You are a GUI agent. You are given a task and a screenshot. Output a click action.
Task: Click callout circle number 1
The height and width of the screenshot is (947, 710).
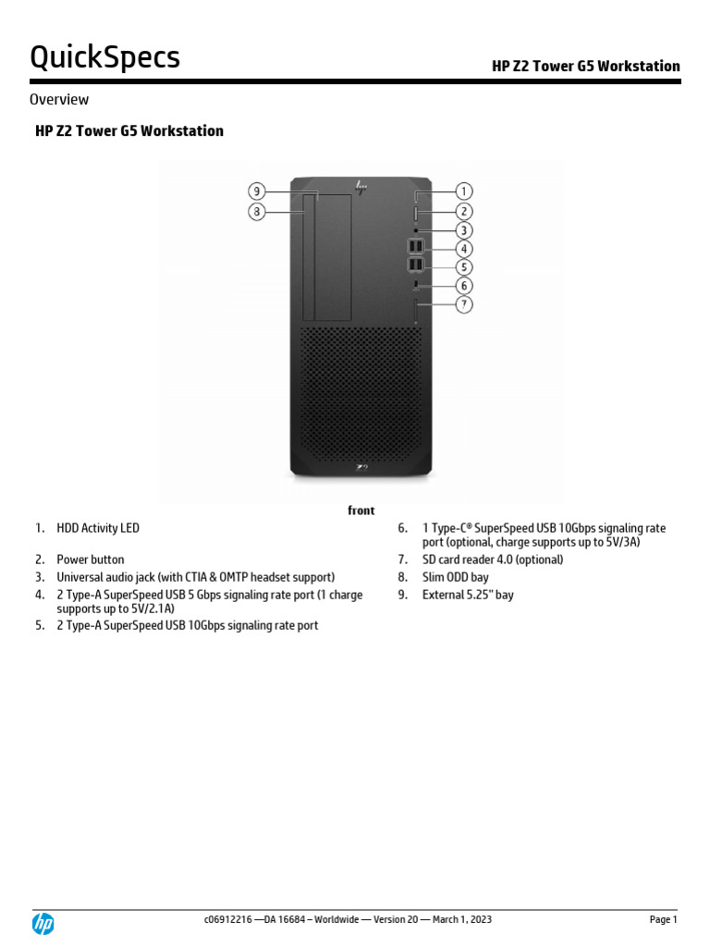click(463, 191)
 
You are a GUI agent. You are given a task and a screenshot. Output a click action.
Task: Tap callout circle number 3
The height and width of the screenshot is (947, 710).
click(463, 230)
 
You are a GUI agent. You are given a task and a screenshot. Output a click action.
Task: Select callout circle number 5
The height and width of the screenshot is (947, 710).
click(463, 266)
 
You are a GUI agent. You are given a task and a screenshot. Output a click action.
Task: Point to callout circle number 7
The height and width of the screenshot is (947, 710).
click(463, 303)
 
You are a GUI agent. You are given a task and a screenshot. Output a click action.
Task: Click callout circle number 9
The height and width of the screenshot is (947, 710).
click(258, 191)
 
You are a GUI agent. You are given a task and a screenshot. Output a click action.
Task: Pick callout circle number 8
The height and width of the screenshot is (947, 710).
click(258, 212)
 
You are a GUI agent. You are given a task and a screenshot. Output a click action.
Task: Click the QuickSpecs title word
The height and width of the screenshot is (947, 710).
click(105, 57)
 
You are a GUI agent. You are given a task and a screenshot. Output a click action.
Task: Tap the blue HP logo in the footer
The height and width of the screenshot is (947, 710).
click(43, 923)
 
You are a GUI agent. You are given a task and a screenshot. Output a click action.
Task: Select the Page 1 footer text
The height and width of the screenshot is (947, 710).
click(663, 919)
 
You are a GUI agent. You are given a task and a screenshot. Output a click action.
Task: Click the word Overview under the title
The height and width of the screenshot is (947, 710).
click(59, 99)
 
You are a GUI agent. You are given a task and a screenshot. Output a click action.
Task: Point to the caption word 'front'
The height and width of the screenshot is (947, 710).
click(361, 510)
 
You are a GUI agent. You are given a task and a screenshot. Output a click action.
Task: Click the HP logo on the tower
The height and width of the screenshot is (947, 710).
click(361, 186)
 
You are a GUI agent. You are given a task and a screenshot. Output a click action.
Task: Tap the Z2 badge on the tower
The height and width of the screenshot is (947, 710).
click(361, 470)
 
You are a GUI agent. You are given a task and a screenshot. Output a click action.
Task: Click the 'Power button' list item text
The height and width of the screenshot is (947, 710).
click(91, 560)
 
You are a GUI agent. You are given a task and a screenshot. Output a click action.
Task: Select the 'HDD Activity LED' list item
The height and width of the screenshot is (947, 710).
click(98, 528)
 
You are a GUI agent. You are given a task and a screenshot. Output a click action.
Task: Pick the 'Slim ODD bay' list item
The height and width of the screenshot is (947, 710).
click(456, 577)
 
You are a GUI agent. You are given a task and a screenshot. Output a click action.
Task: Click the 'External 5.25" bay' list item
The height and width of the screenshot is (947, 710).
click(468, 595)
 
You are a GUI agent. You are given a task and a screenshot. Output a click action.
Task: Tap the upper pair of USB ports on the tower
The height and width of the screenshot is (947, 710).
click(415, 247)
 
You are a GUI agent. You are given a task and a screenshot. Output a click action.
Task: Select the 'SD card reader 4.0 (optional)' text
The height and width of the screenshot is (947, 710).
click(493, 560)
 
